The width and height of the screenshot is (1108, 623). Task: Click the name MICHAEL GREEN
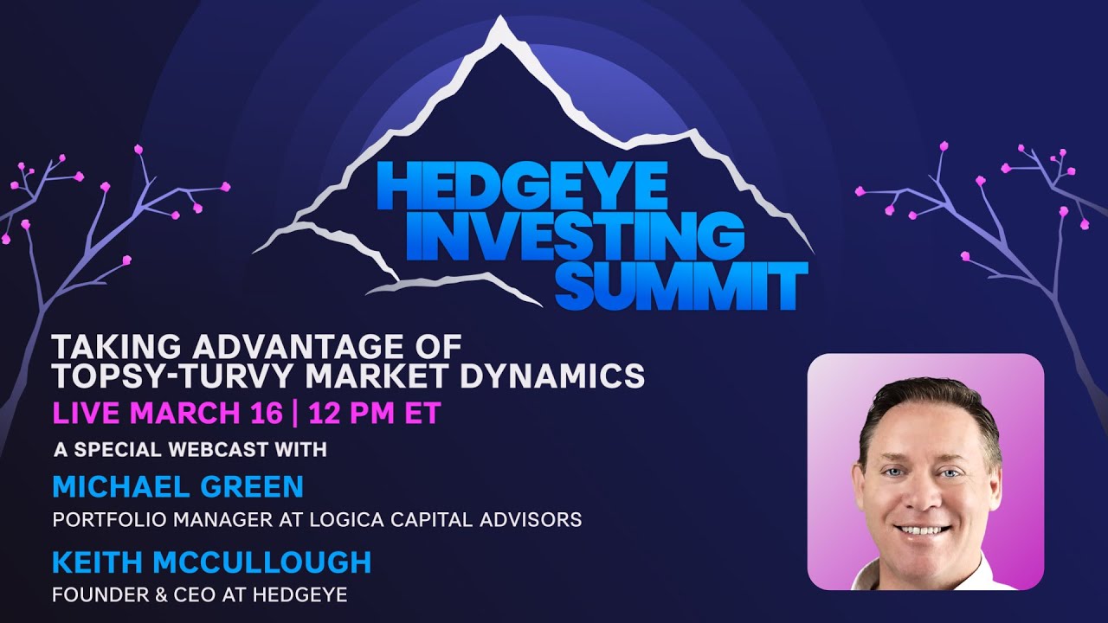177,486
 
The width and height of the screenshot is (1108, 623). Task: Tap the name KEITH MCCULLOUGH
211,562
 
